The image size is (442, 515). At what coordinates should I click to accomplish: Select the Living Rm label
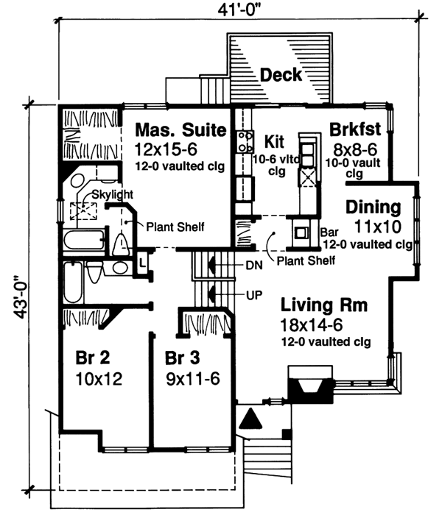coord(323,305)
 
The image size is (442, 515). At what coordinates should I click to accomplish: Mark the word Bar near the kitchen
coord(329,232)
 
